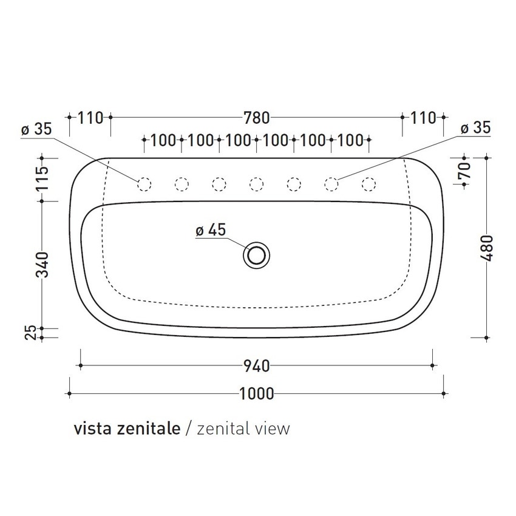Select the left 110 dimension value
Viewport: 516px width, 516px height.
coord(90,117)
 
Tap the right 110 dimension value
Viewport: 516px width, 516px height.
coord(423,117)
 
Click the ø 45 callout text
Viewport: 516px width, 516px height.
coord(211,230)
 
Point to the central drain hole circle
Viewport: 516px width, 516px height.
coord(257,255)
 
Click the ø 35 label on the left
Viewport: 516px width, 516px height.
coord(36,129)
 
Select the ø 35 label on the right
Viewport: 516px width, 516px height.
coord(475,128)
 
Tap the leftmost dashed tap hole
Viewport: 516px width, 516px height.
coord(144,183)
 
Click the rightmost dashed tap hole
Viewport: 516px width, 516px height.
coord(368,183)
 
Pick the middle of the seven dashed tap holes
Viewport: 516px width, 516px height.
coord(256,183)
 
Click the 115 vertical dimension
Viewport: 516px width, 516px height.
coord(42,178)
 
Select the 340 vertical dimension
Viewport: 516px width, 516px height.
coord(42,265)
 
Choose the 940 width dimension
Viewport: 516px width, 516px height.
coord(256,365)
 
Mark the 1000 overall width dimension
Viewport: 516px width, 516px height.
coord(257,394)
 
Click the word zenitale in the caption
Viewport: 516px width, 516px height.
coord(152,429)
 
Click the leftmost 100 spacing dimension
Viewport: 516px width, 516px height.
coord(163,140)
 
